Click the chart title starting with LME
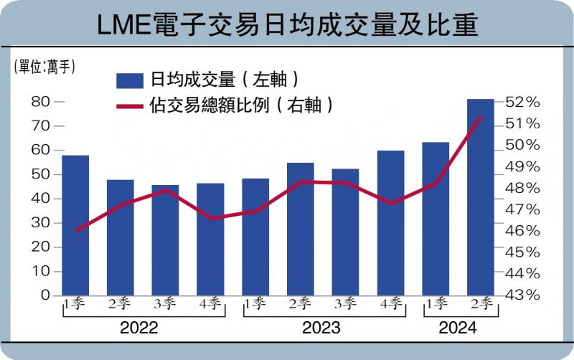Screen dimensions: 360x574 (x=287, y=25)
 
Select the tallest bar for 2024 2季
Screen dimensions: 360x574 (x=480, y=197)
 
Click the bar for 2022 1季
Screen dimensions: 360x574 (x=75, y=225)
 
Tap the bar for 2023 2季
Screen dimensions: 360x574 (x=301, y=229)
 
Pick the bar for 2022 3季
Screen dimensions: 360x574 (x=165, y=240)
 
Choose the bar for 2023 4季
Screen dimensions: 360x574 (x=391, y=223)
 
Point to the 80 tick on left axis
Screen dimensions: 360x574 (x=41, y=102)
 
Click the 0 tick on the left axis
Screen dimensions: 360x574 (x=45, y=295)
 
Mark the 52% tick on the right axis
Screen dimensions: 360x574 (x=522, y=103)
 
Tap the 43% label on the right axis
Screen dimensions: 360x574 (x=522, y=295)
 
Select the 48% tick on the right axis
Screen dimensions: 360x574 (x=522, y=188)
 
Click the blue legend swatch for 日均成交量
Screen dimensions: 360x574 (x=130, y=80)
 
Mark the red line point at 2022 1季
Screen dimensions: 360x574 (x=75, y=230)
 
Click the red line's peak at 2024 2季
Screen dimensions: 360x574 (x=480, y=116)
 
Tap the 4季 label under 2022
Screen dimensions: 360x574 (x=210, y=303)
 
